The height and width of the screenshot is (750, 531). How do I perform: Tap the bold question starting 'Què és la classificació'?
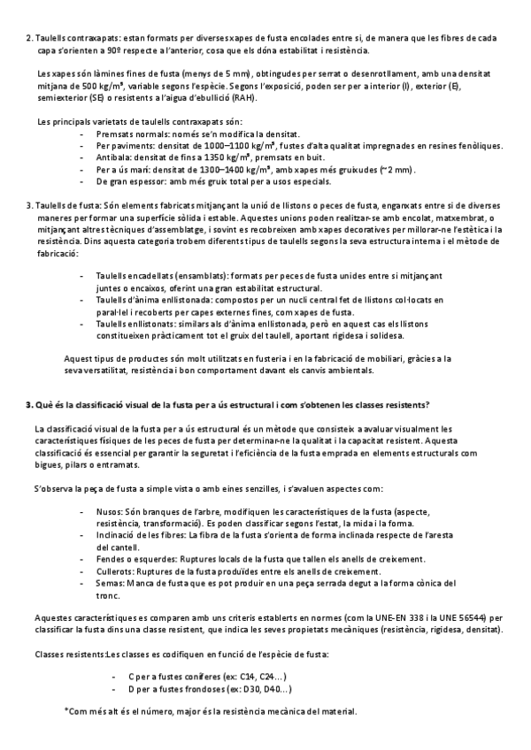[227, 405]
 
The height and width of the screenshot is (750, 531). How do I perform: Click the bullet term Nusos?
[111, 512]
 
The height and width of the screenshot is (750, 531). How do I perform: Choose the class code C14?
[231, 676]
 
